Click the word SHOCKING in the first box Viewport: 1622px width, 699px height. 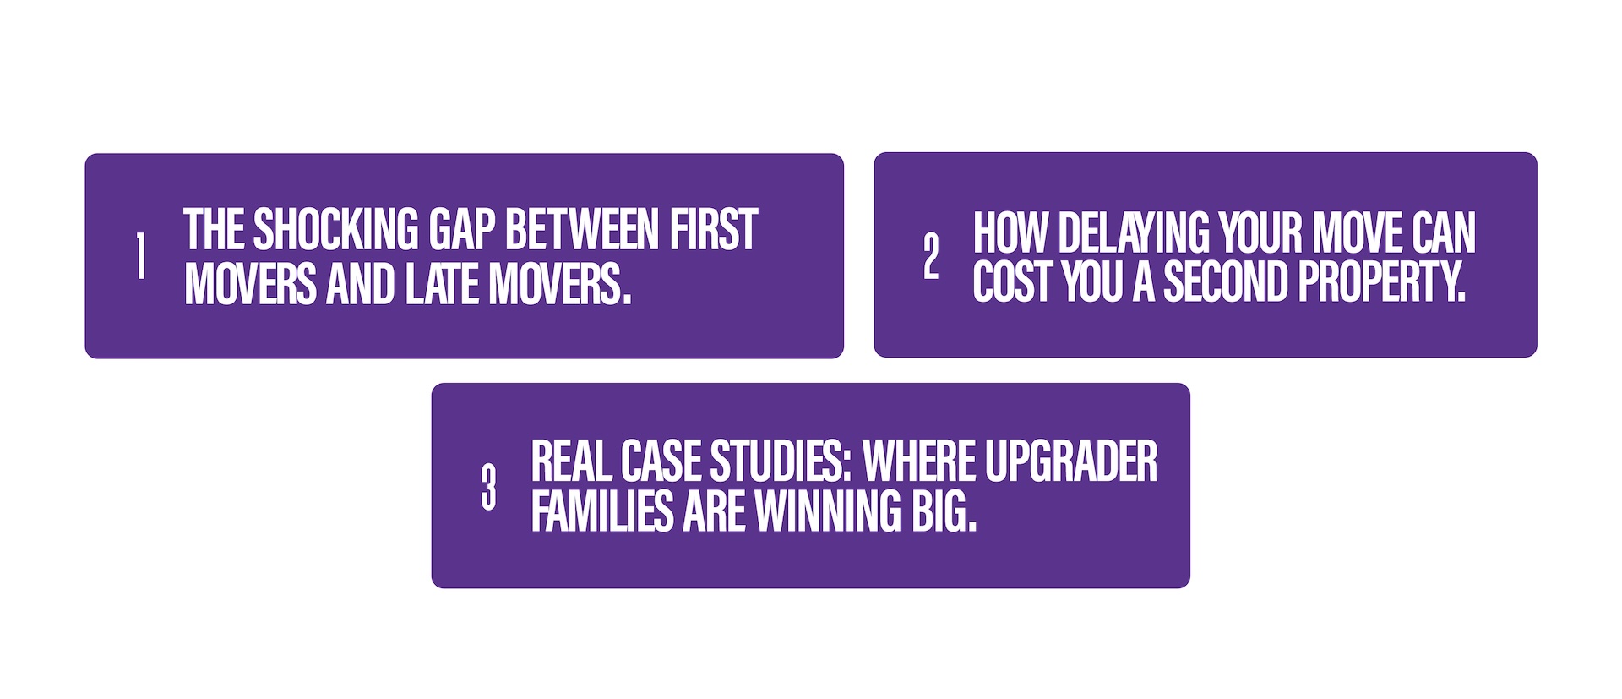click(x=335, y=230)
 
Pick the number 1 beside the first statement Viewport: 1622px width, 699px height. click(x=140, y=256)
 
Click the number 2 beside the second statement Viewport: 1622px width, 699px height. click(x=931, y=256)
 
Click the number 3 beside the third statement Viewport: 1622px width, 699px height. click(x=488, y=487)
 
